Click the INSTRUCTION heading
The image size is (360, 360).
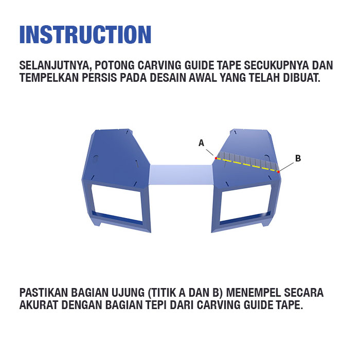click(x=85, y=34)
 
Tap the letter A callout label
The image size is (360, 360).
click(x=201, y=143)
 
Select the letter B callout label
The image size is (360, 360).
click(x=298, y=158)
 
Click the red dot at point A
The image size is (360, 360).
click(x=216, y=158)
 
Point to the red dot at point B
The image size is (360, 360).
click(x=278, y=171)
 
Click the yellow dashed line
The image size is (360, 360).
click(x=247, y=165)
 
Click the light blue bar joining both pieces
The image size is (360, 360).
click(x=181, y=175)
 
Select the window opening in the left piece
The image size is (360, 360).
click(x=117, y=203)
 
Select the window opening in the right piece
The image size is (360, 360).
click(x=245, y=203)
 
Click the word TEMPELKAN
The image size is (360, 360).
click(x=49, y=78)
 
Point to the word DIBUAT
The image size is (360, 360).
click(x=301, y=78)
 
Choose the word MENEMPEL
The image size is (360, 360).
click(x=254, y=293)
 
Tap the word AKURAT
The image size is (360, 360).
click(x=39, y=304)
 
